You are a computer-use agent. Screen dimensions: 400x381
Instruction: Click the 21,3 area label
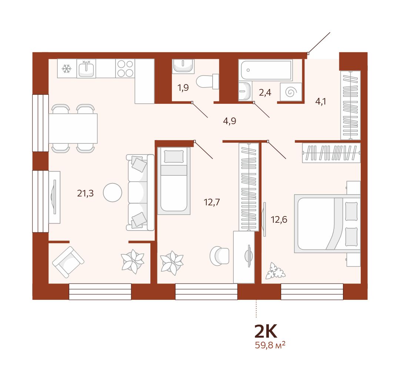85,193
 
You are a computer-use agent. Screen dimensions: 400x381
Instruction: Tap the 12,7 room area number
212,202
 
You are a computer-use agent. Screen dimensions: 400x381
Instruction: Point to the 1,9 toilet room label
183,88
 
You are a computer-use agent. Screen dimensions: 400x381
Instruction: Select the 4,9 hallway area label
230,121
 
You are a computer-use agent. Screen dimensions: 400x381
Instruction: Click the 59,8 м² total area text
270,345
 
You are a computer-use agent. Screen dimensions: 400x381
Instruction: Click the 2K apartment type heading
266,331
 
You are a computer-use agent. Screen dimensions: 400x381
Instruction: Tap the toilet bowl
207,82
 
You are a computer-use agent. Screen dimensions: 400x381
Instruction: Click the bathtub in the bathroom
266,70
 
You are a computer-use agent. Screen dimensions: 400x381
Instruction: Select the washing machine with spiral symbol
291,92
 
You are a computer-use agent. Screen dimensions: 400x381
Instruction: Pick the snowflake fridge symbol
67,69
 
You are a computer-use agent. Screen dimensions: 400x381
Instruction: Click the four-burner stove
125,69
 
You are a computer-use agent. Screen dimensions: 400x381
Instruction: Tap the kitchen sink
86,69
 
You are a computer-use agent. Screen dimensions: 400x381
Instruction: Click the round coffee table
113,193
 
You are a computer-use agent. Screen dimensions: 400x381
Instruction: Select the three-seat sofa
140,193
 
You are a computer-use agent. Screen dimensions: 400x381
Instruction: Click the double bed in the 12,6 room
327,223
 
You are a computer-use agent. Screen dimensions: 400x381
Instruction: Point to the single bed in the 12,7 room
174,180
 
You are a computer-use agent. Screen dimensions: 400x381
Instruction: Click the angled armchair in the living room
68,262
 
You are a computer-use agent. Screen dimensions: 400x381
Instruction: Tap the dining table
73,128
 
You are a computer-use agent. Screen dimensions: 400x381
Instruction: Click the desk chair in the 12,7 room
219,256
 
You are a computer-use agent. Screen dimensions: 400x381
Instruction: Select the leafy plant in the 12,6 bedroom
275,271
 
